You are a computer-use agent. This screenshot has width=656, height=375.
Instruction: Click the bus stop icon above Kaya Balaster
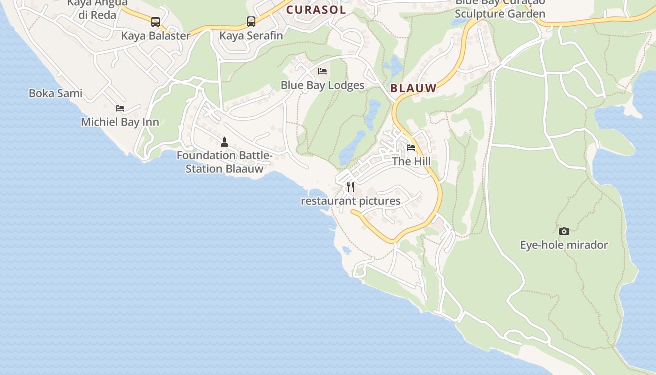[155, 22]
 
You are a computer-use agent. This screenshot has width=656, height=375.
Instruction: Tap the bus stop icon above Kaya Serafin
[251, 21]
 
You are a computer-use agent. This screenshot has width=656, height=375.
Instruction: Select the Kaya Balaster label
[156, 36]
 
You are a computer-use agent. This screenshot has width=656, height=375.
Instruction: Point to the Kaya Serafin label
[251, 36]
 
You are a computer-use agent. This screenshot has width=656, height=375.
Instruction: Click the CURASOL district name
[316, 10]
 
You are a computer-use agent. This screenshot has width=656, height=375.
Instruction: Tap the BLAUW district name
[413, 88]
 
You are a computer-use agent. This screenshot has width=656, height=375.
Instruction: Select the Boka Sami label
[55, 93]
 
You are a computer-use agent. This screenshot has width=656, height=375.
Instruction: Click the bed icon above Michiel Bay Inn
[120, 108]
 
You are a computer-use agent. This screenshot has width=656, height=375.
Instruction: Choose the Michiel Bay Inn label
[120, 122]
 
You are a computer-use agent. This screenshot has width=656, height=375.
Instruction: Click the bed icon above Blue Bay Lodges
[322, 71]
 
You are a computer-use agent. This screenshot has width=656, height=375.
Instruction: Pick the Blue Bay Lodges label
[322, 85]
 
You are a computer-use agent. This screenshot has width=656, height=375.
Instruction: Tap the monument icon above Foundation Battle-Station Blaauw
[224, 141]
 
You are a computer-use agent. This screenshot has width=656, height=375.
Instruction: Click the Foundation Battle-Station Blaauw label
[224, 162]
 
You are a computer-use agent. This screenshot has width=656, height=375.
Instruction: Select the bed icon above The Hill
[411, 147]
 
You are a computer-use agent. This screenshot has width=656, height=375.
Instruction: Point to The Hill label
[411, 161]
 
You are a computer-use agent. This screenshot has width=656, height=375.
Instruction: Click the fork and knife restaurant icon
[350, 187]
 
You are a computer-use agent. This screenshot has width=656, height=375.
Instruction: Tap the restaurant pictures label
[350, 201]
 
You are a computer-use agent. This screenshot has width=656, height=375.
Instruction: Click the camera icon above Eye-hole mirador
[564, 231]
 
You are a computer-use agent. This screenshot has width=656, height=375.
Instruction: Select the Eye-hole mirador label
[564, 245]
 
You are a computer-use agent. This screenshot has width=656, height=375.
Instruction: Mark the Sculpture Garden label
[500, 14]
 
